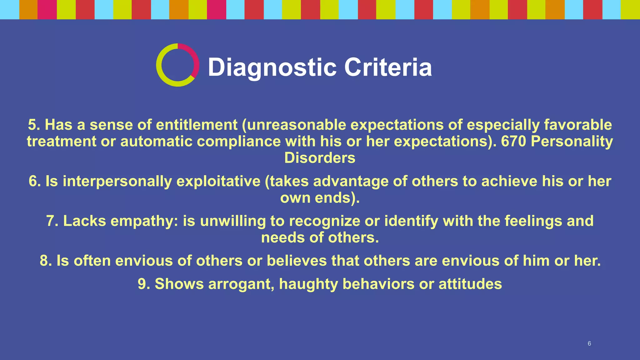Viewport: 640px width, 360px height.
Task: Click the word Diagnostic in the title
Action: tap(272, 67)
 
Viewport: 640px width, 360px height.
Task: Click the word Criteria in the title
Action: tap(388, 67)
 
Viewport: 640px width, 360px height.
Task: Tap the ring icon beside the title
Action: tap(177, 65)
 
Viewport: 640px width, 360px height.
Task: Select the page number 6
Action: tap(589, 343)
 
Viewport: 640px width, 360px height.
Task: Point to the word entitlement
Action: tap(197, 125)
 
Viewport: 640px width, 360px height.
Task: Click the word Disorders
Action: tap(320, 158)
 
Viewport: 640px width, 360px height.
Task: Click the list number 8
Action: tap(46, 261)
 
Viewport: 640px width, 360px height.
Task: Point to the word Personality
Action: tap(572, 141)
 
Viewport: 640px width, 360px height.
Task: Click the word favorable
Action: tap(578, 125)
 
